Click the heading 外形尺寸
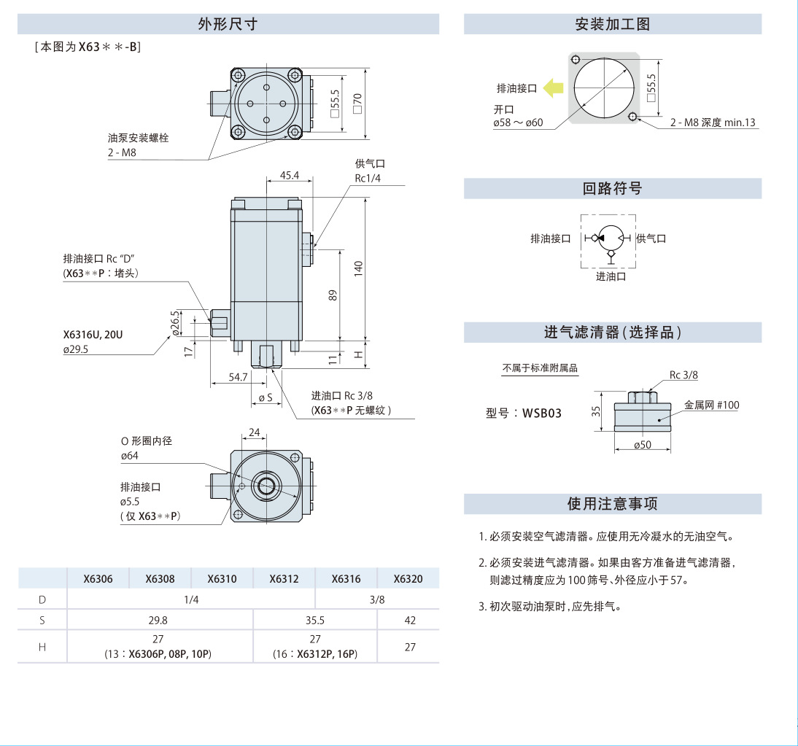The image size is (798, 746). [x=228, y=24]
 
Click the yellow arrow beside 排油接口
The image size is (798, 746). [x=554, y=88]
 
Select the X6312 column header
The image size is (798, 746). [x=284, y=579]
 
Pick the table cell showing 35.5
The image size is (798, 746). [x=315, y=620]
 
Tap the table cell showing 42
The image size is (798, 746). [x=409, y=620]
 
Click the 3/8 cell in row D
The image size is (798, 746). [x=376, y=599]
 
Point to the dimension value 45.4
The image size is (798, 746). [x=289, y=176]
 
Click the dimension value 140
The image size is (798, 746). [x=357, y=268]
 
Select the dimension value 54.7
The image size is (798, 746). [x=239, y=377]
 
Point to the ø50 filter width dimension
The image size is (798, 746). [x=642, y=445]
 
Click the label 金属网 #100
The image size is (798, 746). [x=711, y=405]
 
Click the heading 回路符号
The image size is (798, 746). [x=612, y=189]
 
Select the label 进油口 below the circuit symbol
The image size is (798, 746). [x=611, y=276]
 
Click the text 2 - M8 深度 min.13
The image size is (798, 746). [x=713, y=123]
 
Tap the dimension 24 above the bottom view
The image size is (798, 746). [x=254, y=432]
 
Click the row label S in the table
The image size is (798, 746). [x=42, y=620]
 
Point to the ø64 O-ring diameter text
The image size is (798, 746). [x=130, y=456]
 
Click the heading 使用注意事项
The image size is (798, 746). [x=612, y=504]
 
